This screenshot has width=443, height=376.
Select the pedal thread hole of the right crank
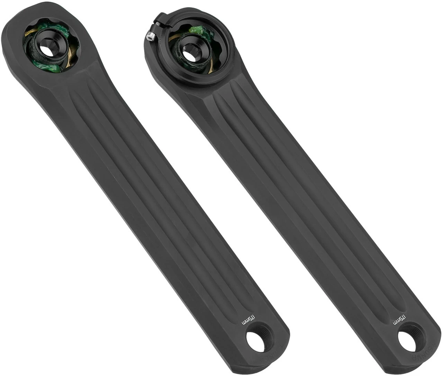click(407, 341)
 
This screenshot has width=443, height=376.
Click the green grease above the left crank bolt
click(57, 27)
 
